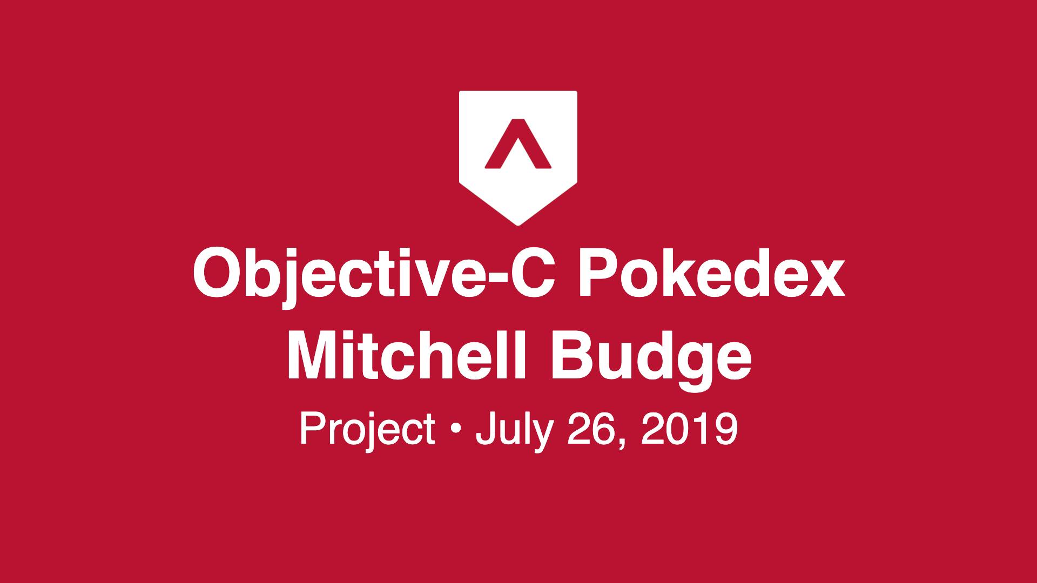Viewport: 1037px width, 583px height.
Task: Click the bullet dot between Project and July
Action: [x=455, y=431]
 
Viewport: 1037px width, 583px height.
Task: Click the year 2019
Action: [x=689, y=429]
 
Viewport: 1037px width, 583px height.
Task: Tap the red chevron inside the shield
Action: [x=518, y=143]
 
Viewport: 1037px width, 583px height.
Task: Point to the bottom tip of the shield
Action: [x=518, y=225]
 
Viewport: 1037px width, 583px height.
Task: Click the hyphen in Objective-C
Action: [x=489, y=279]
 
